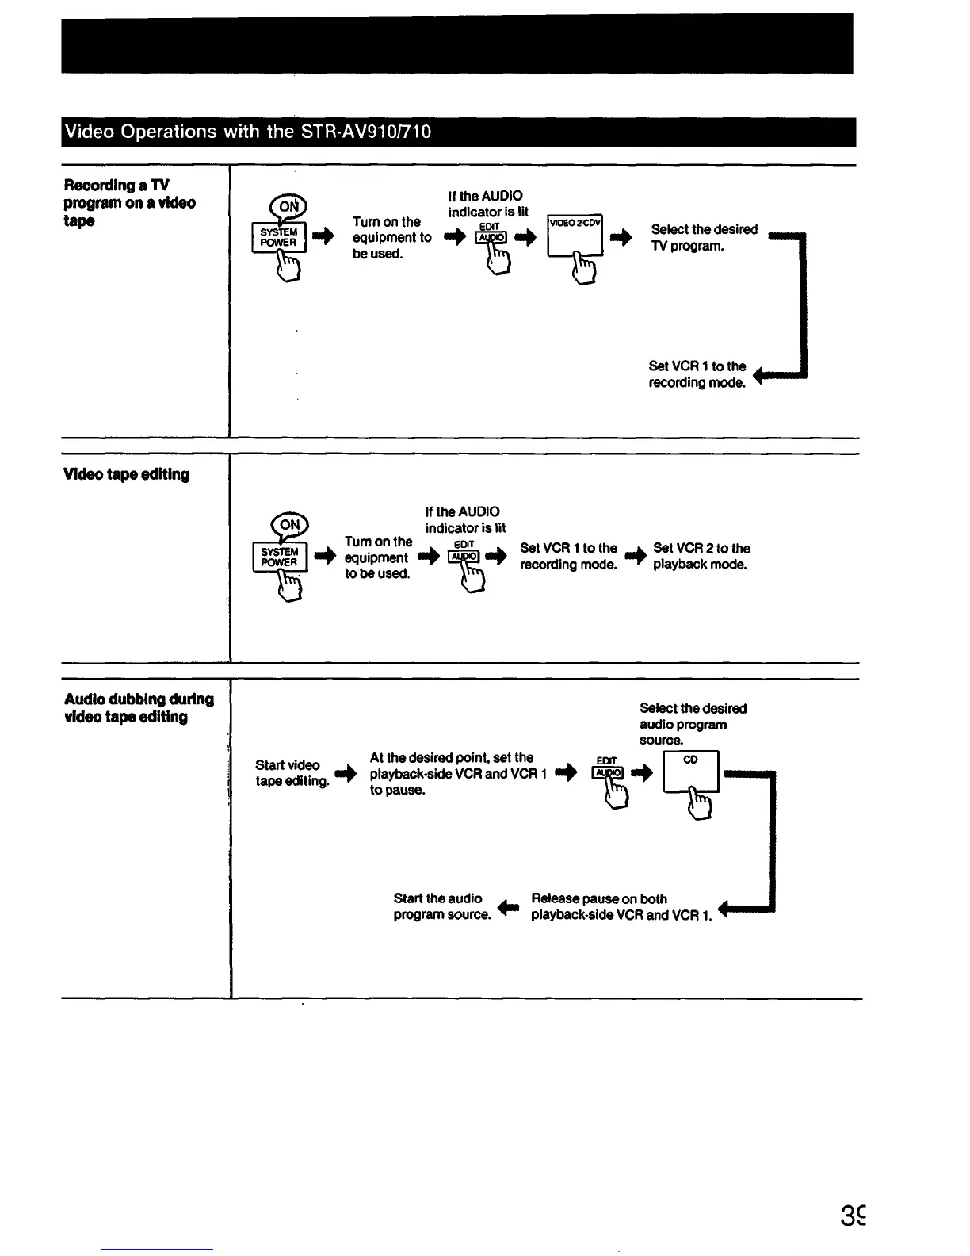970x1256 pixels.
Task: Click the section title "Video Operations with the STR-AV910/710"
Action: [x=247, y=132]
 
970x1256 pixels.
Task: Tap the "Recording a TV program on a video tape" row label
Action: [x=129, y=203]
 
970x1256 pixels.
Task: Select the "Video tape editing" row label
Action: [x=126, y=474]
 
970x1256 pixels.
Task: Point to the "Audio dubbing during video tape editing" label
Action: [x=139, y=708]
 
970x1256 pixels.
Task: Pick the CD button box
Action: [x=690, y=770]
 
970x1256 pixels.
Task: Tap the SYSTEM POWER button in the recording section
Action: [x=279, y=237]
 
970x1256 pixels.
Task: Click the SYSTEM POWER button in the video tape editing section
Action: [x=279, y=557]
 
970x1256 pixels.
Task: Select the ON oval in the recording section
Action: [x=290, y=207]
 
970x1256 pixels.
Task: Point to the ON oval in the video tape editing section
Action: [x=290, y=525]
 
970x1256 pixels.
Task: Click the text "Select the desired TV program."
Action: [x=704, y=238]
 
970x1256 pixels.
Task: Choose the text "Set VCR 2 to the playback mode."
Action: [x=701, y=557]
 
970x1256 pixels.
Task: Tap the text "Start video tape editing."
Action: [x=291, y=773]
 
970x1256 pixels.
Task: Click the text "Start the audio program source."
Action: [x=441, y=906]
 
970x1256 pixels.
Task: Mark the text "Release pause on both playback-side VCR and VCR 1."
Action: [x=621, y=907]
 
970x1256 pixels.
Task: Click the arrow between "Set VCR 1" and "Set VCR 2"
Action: [x=634, y=557]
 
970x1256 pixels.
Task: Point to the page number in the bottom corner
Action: [x=854, y=1216]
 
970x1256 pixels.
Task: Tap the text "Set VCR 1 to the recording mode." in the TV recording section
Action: [x=697, y=374]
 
